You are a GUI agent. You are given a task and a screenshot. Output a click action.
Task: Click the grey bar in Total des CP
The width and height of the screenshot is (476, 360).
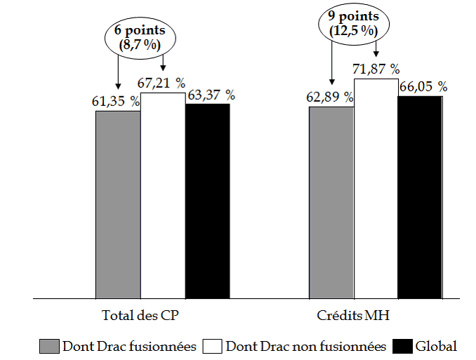[118, 204]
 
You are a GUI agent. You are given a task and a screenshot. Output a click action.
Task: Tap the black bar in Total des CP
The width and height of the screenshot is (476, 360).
[207, 201]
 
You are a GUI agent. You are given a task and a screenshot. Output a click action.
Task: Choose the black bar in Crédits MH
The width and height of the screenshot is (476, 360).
[420, 197]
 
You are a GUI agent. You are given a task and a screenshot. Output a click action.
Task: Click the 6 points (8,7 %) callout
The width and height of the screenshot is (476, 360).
[140, 36]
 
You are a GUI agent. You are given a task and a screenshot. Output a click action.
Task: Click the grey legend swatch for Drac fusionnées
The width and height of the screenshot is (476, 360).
[49, 346]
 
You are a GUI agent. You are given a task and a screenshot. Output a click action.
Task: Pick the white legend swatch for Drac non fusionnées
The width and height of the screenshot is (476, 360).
[212, 346]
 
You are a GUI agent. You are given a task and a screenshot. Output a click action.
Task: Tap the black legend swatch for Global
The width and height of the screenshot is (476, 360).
[402, 346]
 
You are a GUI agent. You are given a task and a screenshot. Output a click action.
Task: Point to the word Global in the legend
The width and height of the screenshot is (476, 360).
[436, 346]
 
